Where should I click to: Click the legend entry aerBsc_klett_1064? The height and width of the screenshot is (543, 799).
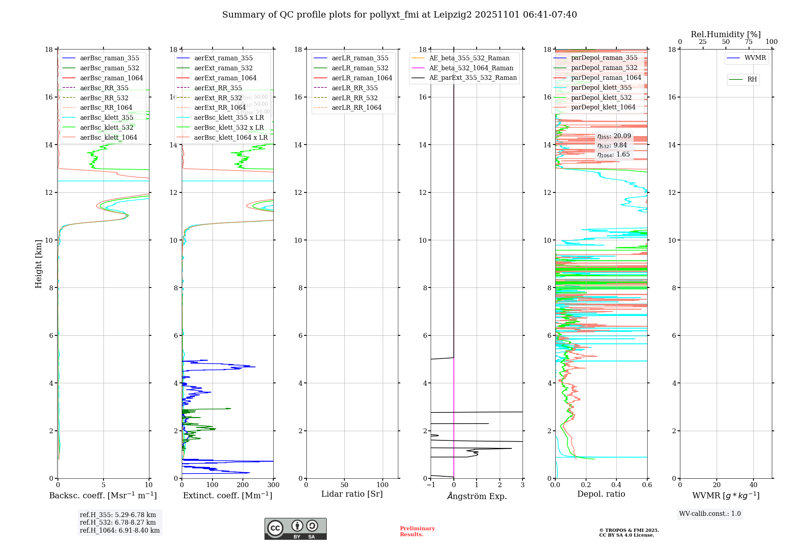tap(108, 137)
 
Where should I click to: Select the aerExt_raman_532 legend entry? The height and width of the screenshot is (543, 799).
tap(223, 68)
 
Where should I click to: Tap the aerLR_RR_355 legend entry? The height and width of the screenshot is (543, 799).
tap(354, 88)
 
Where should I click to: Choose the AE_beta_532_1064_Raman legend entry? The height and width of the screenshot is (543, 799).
tap(471, 68)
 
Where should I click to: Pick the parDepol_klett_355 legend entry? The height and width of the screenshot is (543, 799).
tap(601, 87)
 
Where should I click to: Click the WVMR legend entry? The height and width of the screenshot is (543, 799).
tap(755, 58)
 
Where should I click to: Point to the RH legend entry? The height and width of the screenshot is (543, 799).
tap(752, 79)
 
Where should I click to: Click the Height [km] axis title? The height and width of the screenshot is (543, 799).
tap(38, 264)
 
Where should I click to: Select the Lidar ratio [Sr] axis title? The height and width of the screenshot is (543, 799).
tap(352, 494)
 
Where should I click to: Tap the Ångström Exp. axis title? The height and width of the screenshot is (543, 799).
tap(477, 496)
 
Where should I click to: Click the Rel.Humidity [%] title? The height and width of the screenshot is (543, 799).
tap(725, 34)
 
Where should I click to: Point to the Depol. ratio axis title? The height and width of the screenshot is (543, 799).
tap(601, 494)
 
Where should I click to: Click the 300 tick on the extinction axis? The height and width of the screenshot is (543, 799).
tap(273, 485)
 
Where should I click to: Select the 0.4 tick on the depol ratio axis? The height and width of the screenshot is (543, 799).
tap(616, 485)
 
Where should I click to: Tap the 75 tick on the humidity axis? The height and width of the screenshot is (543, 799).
tap(749, 42)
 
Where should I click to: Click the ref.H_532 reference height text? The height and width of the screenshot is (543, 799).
tap(118, 522)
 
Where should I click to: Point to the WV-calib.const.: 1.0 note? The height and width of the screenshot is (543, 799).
tap(710, 513)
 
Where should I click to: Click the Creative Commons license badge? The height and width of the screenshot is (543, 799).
tap(295, 529)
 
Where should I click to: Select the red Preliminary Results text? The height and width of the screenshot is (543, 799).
tap(417, 531)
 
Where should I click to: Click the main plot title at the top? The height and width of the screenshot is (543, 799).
tap(399, 15)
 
